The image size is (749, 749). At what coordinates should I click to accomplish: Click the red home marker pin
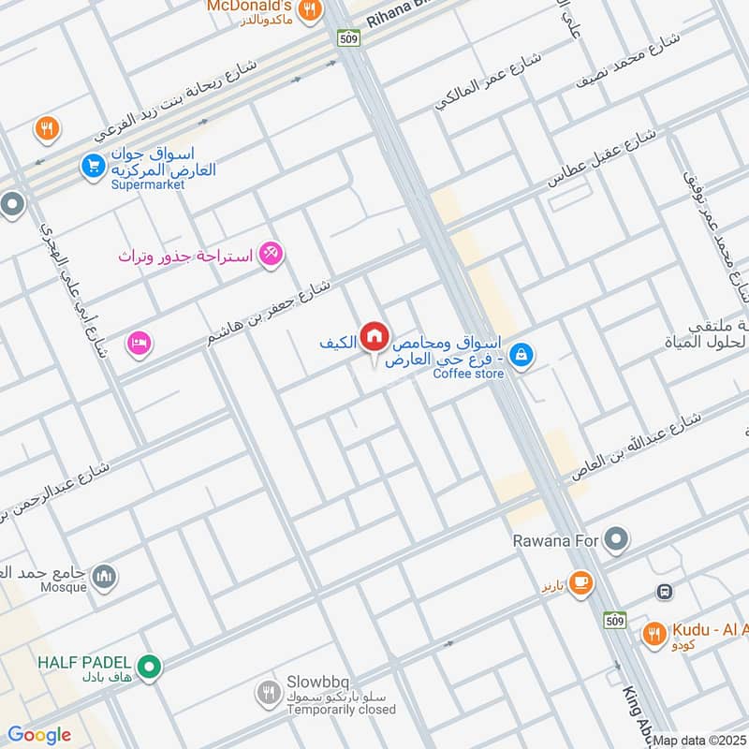pyautogui.click(x=374, y=336)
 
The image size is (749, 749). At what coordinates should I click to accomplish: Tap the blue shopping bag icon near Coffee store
pyautogui.click(x=524, y=355)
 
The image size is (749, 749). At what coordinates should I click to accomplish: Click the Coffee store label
pyautogui.click(x=468, y=374)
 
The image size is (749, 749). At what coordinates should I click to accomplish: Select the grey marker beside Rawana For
pyautogui.click(x=615, y=539)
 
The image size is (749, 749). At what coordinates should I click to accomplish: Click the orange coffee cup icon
pyautogui.click(x=580, y=582)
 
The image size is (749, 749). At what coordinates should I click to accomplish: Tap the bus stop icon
pyautogui.click(x=665, y=592)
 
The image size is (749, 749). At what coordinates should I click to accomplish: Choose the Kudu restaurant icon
pyautogui.click(x=654, y=635)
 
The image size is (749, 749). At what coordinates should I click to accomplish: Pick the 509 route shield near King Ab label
pyautogui.click(x=614, y=619)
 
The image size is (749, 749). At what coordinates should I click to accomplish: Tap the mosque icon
pyautogui.click(x=104, y=574)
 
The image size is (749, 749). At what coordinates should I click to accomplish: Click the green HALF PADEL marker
pyautogui.click(x=149, y=668)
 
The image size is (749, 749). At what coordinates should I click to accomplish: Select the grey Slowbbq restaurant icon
pyautogui.click(x=268, y=693)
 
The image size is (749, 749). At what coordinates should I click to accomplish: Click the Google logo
pyautogui.click(x=38, y=735)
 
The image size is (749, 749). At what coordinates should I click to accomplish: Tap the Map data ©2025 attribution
pyautogui.click(x=699, y=741)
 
